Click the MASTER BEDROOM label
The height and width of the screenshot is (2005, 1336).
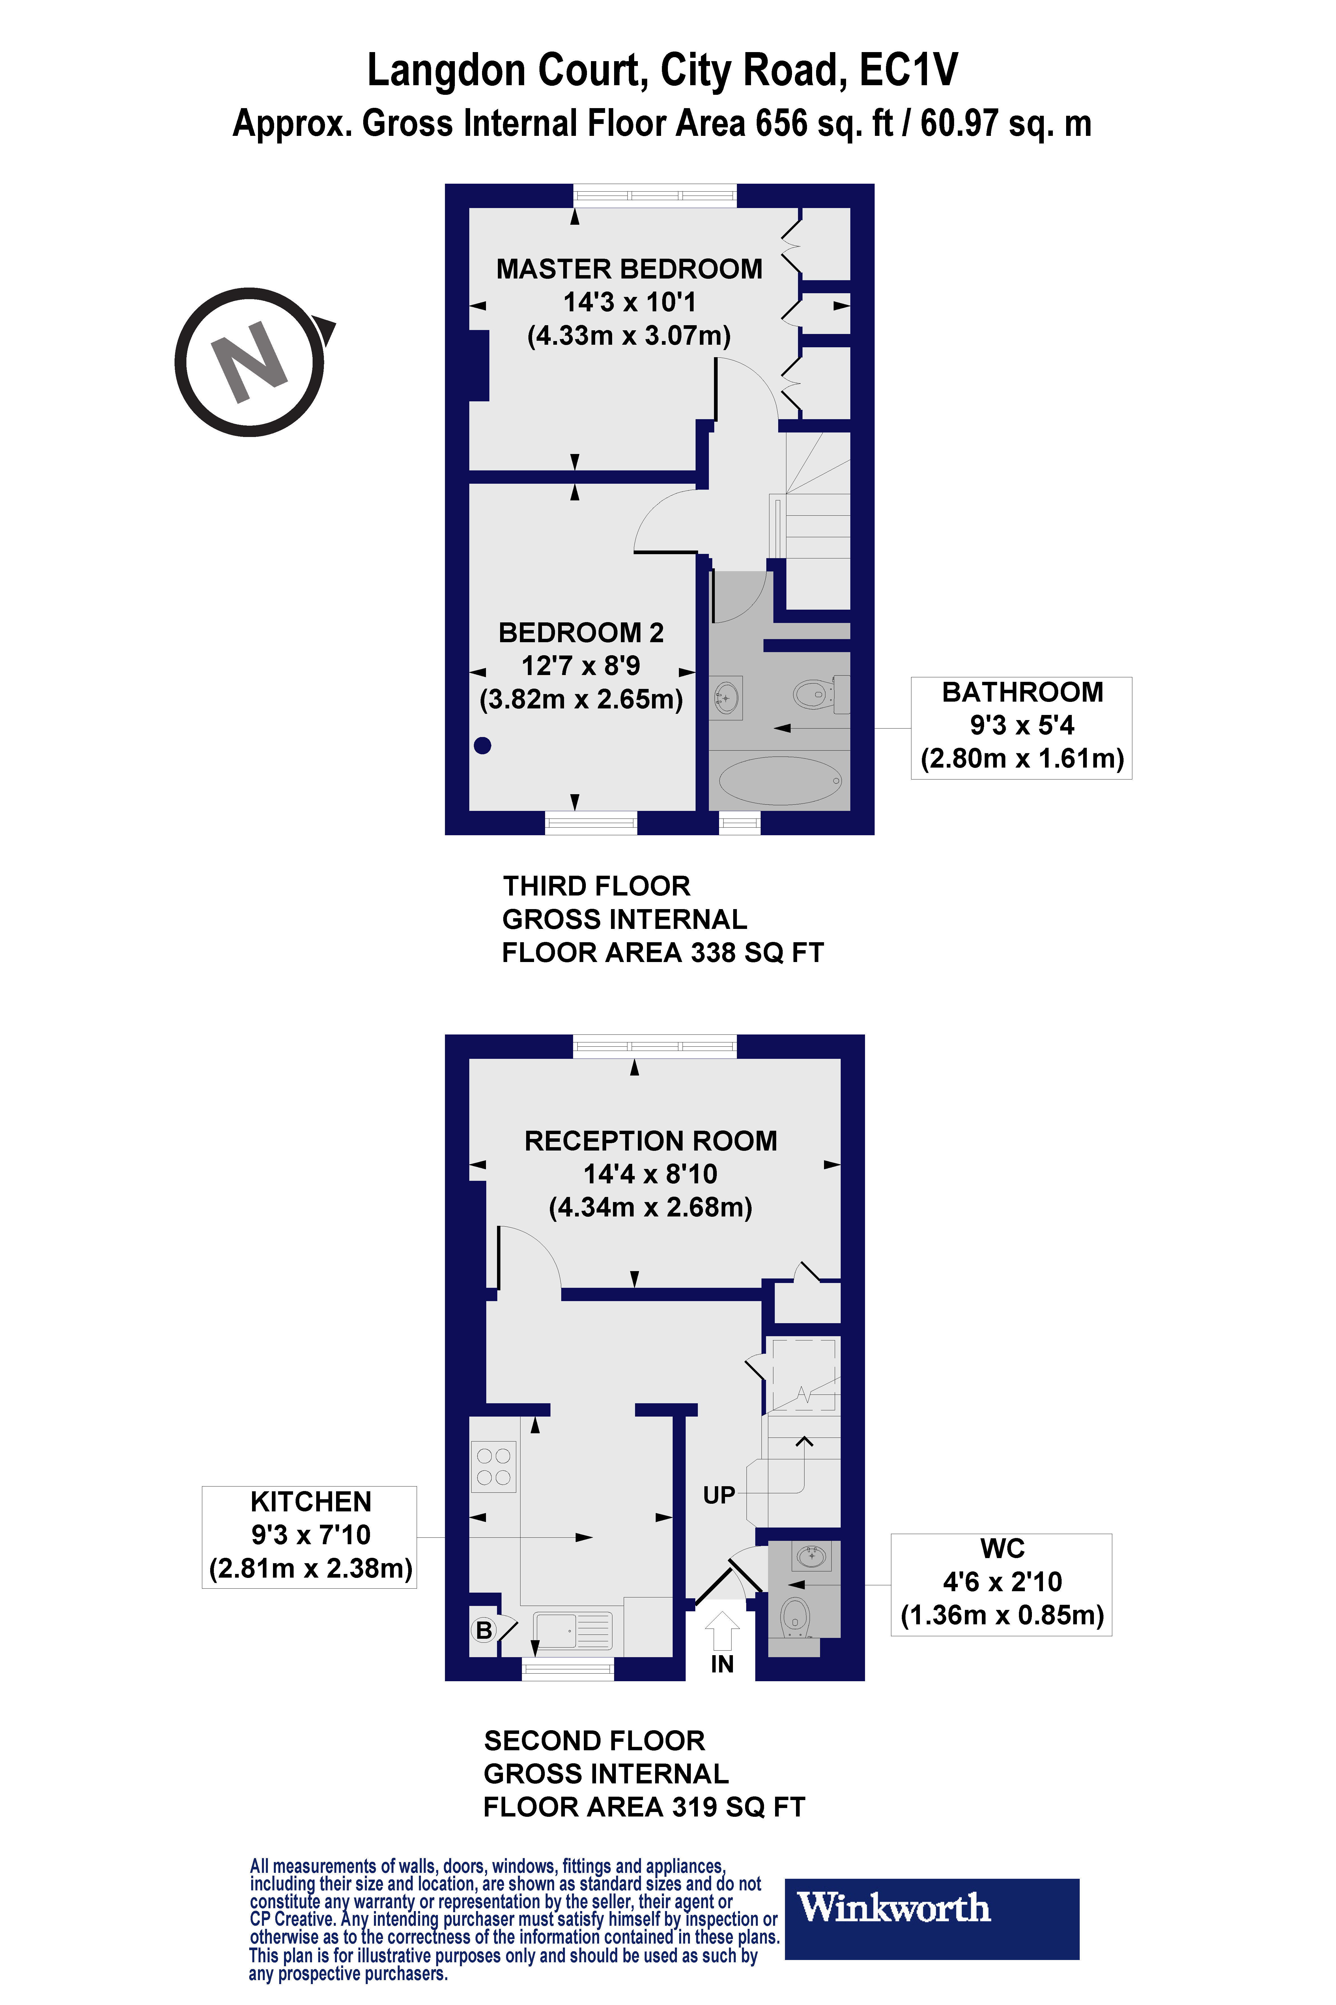tap(629, 269)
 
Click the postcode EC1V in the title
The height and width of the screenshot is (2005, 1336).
tap(908, 70)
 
